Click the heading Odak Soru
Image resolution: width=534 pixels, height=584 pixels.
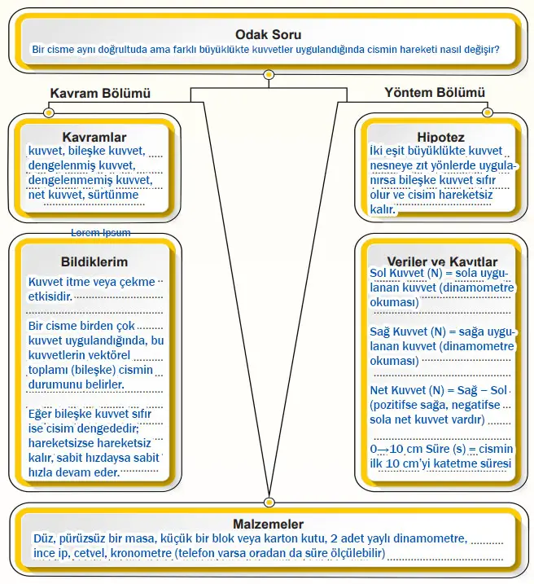click(x=268, y=34)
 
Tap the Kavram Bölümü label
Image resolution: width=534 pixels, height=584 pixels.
click(x=100, y=94)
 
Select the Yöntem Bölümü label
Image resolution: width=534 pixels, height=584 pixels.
click(x=435, y=93)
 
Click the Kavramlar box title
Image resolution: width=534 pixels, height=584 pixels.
click(x=94, y=137)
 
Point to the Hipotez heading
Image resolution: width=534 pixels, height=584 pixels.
click(x=440, y=137)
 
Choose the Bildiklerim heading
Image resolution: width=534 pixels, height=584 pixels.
click(x=94, y=261)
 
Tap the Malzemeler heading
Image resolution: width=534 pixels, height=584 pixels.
click(x=268, y=525)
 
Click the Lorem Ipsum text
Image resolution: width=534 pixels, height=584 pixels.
click(x=100, y=232)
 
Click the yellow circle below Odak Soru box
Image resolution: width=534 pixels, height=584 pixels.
click(x=268, y=75)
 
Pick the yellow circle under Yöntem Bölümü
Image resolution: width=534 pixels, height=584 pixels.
click(x=487, y=111)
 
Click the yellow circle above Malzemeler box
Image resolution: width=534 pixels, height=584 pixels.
click(x=269, y=502)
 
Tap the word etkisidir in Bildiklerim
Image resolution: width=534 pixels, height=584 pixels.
click(x=50, y=295)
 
